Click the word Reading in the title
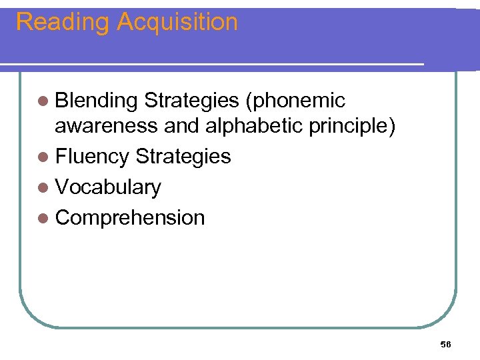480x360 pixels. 61,23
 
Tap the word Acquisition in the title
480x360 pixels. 177,23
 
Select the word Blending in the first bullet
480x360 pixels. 97,101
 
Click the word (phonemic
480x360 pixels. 295,101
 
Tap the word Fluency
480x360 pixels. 93,157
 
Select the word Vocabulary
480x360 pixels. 108,187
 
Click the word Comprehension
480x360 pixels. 130,218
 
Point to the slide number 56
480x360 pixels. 446,344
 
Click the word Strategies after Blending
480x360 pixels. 191,101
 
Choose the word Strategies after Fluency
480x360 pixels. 183,157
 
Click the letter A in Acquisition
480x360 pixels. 125,23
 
